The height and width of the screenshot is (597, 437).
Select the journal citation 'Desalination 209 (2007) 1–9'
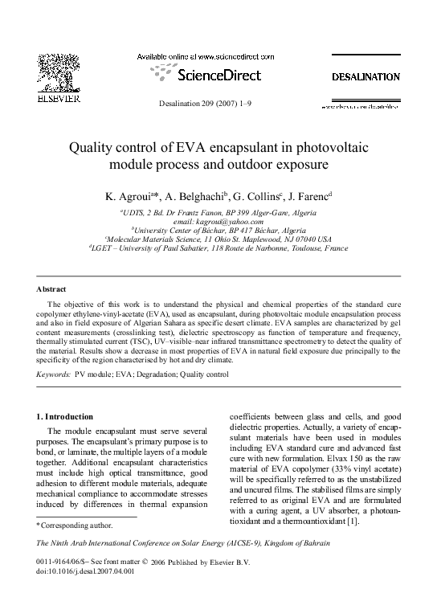(218, 104)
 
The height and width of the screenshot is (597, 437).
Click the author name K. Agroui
(129, 195)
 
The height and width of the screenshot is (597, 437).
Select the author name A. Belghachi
(195, 195)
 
